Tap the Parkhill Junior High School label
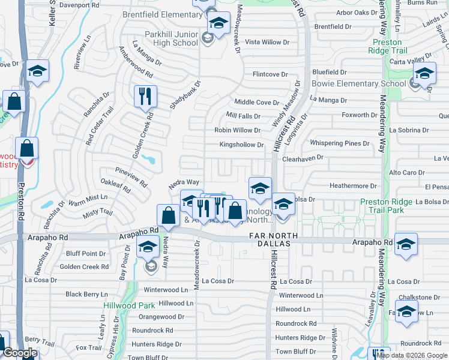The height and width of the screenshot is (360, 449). coord(170,38)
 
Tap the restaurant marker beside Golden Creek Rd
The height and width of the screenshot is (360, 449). coord(145,97)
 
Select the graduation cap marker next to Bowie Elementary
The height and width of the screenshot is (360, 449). coord(424,75)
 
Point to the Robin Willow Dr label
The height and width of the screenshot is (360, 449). coord(238,130)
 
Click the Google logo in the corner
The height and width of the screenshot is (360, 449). coord(20,353)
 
